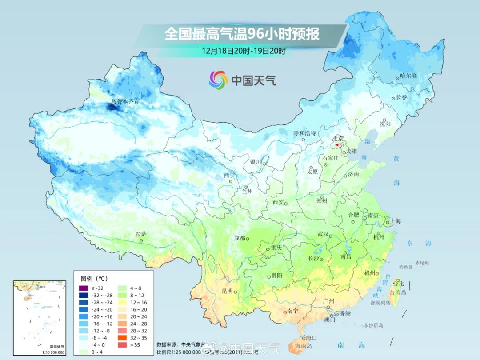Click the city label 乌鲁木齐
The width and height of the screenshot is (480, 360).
tap(122, 101)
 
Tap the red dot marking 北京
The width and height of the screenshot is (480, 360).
tap(337, 145)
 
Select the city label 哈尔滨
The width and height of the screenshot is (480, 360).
tap(408, 76)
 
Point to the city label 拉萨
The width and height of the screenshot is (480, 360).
tap(141, 234)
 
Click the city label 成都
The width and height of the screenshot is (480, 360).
tap(240, 238)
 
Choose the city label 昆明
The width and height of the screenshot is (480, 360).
tap(227, 291)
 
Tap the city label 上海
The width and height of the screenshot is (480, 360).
tap(395, 221)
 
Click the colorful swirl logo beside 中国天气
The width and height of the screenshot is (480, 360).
tap(218, 80)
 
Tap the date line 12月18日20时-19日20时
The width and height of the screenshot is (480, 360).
tap(243, 50)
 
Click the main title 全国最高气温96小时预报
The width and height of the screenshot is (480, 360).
tap(242, 34)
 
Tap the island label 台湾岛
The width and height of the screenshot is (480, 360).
tap(398, 292)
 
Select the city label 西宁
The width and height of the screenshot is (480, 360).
tap(229, 175)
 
